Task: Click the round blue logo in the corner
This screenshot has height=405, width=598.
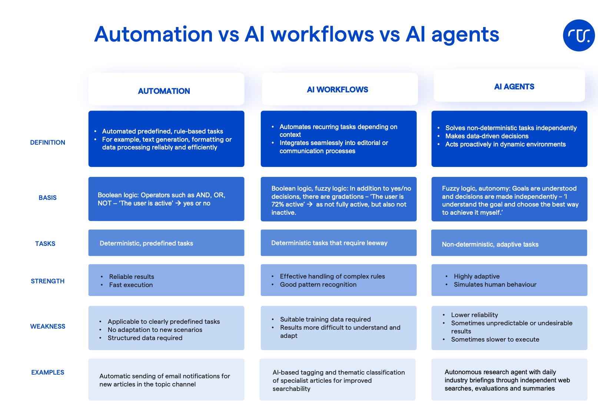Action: point(579,35)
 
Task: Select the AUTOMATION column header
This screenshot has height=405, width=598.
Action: point(164,91)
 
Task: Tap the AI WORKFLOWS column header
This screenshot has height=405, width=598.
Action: point(338,89)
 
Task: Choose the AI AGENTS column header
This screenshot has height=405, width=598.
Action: point(514,86)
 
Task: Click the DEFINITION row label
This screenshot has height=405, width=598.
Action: point(47,142)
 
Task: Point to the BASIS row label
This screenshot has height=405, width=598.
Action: point(47,198)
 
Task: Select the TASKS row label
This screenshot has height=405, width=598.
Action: point(45,244)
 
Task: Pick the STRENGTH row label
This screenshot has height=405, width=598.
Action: point(47,281)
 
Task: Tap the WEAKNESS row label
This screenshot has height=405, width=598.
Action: point(47,326)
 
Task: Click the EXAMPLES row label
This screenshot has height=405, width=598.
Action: point(47,372)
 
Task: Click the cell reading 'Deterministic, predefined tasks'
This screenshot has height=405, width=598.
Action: point(146,243)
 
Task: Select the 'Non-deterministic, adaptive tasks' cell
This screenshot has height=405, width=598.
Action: point(490,244)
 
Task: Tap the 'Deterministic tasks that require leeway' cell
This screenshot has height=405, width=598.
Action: point(329,243)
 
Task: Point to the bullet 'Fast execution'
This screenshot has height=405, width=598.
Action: point(131,285)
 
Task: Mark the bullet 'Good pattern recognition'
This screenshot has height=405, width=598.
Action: point(318,284)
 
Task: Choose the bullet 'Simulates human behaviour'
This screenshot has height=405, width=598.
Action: point(495,284)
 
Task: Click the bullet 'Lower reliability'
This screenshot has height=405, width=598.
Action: point(474,315)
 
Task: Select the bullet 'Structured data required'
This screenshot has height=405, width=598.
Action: point(145,338)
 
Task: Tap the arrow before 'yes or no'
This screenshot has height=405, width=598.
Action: point(178,203)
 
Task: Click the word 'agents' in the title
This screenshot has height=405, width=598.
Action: point(465,34)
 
